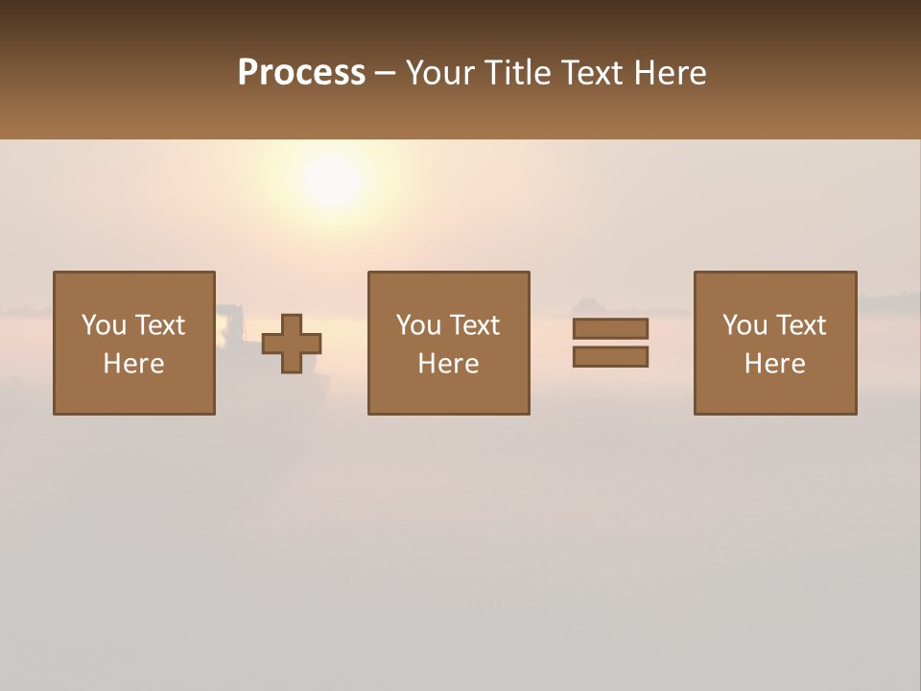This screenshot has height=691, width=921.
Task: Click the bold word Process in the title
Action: coord(301,73)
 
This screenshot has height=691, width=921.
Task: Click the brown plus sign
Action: coord(292,344)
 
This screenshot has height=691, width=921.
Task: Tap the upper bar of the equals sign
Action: coord(610,328)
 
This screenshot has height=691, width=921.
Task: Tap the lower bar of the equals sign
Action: coord(610,357)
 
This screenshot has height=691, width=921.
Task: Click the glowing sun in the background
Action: coord(331,179)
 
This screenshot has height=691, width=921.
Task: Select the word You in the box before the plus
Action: coord(104,325)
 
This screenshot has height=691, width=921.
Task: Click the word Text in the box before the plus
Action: coord(158,325)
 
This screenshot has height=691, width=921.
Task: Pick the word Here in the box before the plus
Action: coord(133,364)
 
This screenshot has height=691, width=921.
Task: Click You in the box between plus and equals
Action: coord(418,325)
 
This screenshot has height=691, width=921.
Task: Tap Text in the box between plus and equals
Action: coord(473,325)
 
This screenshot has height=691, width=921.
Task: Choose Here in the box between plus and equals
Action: coord(448,364)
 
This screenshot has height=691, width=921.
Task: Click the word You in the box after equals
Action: coord(744,325)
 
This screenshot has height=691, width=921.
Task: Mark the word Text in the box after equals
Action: coord(799,325)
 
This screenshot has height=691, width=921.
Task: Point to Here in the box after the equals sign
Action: coord(774,364)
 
